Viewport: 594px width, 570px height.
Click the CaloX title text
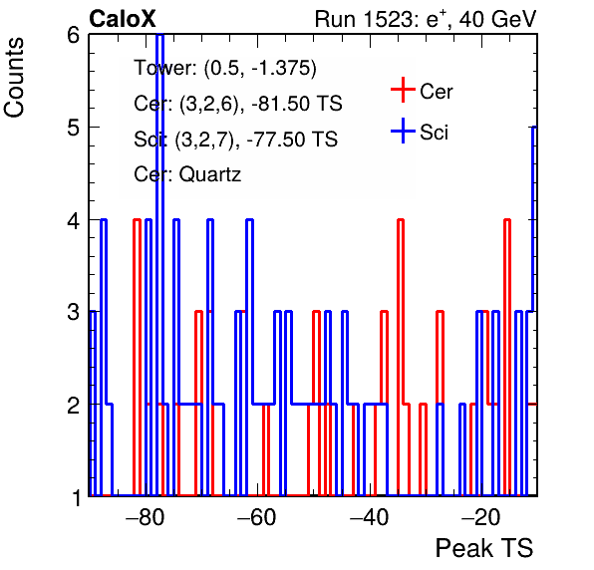pyautogui.click(x=123, y=19)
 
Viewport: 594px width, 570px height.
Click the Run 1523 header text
pyautogui.click(x=426, y=19)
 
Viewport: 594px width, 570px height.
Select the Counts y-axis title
pyautogui.click(x=14, y=78)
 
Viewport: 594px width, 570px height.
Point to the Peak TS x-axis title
pyautogui.click(x=484, y=548)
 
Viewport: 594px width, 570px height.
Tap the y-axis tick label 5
pyautogui.click(x=73, y=128)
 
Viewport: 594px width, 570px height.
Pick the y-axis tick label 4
pyautogui.click(x=73, y=220)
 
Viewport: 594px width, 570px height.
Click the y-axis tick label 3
pyautogui.click(x=73, y=313)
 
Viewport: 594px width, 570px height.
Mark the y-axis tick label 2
pyautogui.click(x=73, y=405)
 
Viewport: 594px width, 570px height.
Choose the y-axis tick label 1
pyautogui.click(x=76, y=497)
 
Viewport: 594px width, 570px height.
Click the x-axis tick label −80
pyautogui.click(x=146, y=517)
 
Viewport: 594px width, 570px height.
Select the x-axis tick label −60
pyautogui.click(x=257, y=517)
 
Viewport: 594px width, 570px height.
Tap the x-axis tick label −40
pyautogui.click(x=370, y=517)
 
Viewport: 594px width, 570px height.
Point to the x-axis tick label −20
pyautogui.click(x=481, y=517)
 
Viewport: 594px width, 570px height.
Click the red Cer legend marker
pyautogui.click(x=403, y=90)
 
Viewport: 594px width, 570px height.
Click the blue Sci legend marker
pyautogui.click(x=403, y=131)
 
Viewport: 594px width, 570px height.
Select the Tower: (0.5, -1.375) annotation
pyautogui.click(x=225, y=68)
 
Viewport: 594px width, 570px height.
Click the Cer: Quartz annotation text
pyautogui.click(x=187, y=174)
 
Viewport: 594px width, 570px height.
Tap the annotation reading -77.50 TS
pyautogui.click(x=292, y=139)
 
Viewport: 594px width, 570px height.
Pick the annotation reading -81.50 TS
pyautogui.click(x=297, y=103)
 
